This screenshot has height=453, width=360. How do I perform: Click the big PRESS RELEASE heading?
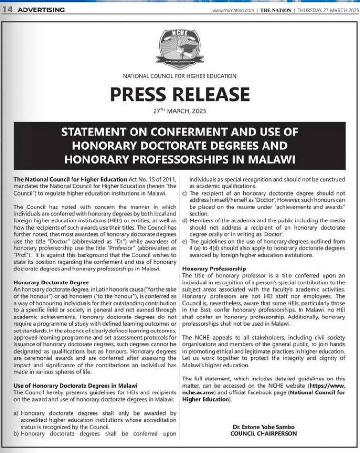click(180, 94)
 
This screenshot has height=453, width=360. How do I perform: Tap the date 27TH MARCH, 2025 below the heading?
click(180, 112)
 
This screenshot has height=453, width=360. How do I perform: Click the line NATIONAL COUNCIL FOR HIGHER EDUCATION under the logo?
click(180, 76)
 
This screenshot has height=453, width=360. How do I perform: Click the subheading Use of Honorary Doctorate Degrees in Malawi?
click(76, 385)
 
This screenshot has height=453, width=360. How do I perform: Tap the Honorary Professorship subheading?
click(214, 269)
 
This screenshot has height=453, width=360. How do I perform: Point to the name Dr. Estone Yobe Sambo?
click(263, 427)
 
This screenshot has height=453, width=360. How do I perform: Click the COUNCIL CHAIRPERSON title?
click(263, 433)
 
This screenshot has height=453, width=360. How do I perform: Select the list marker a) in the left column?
click(17, 413)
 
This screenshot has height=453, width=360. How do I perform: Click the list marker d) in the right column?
click(185, 220)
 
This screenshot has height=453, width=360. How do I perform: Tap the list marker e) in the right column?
click(185, 241)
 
